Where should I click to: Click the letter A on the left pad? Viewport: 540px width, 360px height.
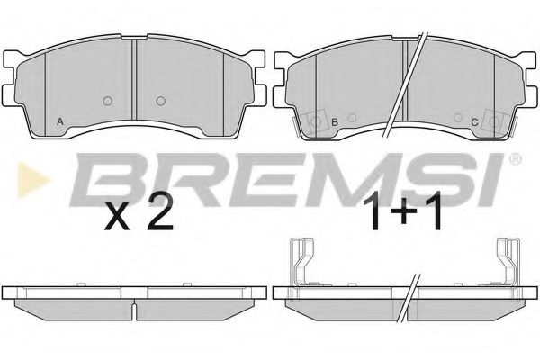pos(60,121)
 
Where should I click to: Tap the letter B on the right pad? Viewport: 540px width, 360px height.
pos(335,122)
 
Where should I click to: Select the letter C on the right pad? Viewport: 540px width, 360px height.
pos(474,122)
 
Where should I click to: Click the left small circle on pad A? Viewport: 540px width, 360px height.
pos(108,101)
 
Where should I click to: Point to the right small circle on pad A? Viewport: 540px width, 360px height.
pos(161,101)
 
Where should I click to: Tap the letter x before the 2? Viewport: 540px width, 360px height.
pos(118,216)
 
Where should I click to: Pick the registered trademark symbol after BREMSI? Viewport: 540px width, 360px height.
pos(515,159)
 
